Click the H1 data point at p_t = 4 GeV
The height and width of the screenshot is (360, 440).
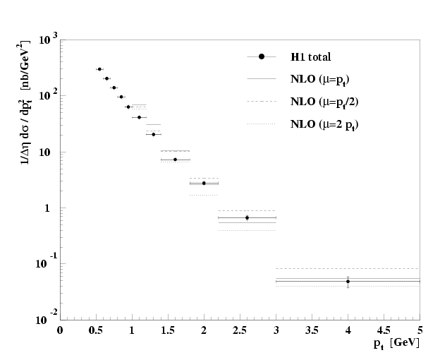[348, 281]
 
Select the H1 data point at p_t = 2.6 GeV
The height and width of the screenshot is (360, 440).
[247, 217]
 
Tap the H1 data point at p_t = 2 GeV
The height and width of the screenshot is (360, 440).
[204, 183]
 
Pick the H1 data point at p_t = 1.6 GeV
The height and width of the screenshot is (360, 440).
[175, 160]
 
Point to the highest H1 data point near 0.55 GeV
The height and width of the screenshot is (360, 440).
[99, 69]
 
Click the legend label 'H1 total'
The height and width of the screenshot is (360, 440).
[310, 56]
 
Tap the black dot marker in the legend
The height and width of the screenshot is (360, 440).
[262, 56]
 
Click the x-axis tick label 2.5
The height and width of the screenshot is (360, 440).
[240, 329]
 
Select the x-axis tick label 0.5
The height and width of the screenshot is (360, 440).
[96, 329]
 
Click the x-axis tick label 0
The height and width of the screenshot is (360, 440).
[61, 329]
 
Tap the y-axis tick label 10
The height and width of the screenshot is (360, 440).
[44, 152]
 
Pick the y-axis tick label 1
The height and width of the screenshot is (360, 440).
[48, 208]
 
